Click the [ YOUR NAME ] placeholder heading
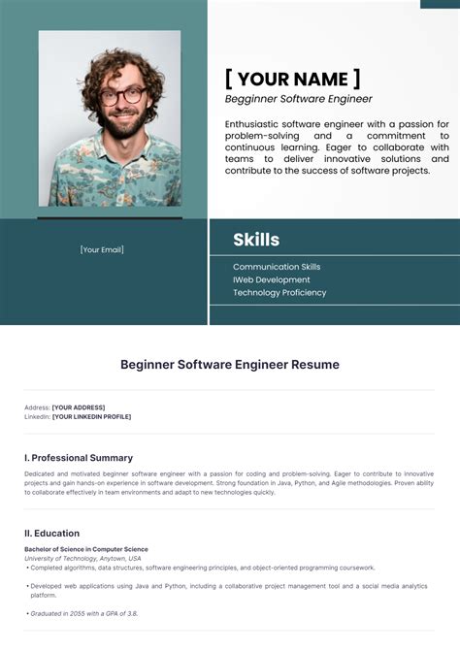292,79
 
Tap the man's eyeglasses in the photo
122,96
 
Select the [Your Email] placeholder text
102,249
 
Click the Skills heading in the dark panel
256,240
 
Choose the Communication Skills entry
277,267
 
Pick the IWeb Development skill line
272,279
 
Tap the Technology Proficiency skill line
279,292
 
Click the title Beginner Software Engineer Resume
230,365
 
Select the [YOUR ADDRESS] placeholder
79,407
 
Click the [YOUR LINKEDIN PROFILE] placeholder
91,417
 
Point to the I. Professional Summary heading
79,458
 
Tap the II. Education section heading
52,533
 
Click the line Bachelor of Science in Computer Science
86,549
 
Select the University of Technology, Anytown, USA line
82,558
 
